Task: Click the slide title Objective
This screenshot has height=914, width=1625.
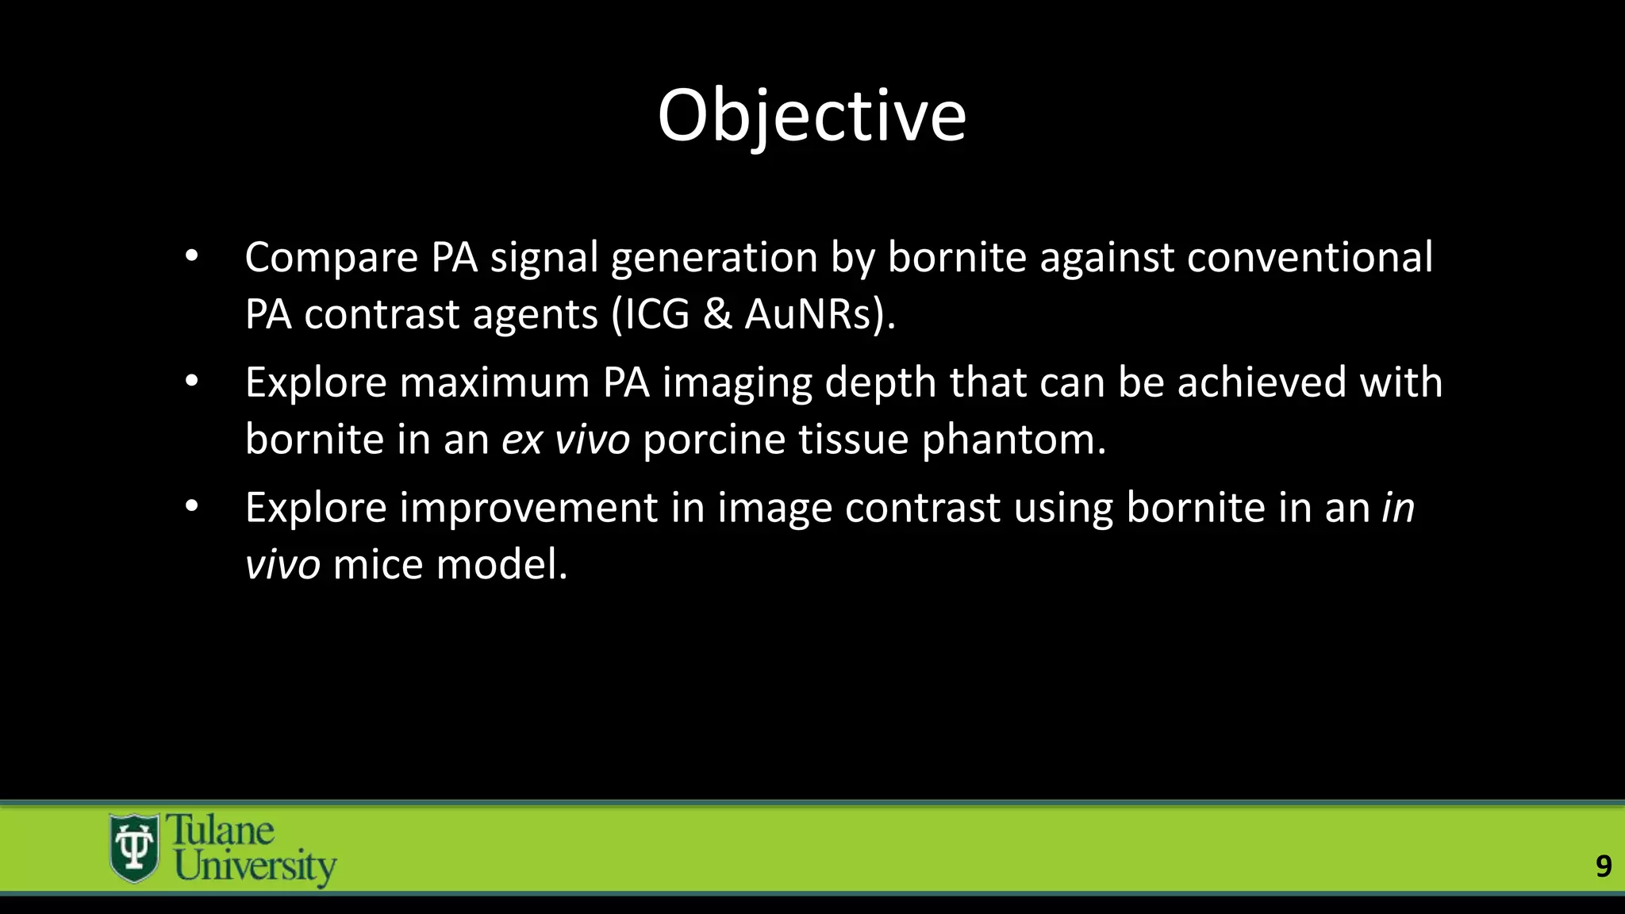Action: coord(812,117)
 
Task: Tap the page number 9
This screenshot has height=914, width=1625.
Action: coord(1603,866)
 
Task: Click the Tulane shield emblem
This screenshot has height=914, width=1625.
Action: coord(133,848)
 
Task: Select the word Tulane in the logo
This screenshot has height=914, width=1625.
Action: coord(221,831)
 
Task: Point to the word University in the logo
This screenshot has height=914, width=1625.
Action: coord(255,866)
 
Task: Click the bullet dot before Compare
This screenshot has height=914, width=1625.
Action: coord(191,256)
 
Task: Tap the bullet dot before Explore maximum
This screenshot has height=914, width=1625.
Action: coord(191,382)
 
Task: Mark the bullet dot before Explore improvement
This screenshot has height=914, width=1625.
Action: coord(191,507)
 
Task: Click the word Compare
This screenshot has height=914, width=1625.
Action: coord(332,258)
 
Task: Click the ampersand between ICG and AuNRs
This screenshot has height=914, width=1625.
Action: coord(717,314)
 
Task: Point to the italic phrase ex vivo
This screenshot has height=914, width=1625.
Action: coord(566,440)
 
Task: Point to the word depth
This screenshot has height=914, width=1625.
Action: coord(881,382)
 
